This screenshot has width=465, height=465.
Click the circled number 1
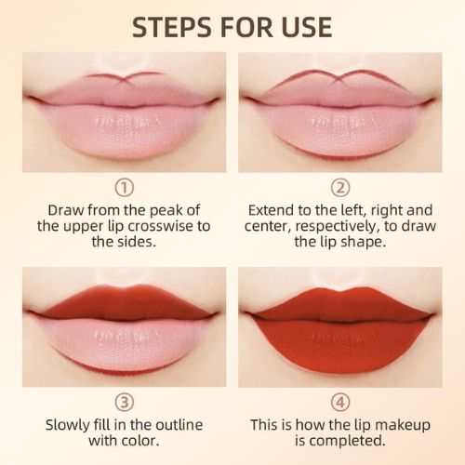pos(124,187)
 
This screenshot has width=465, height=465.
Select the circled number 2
pos(339,187)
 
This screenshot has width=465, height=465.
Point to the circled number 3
pos(124,403)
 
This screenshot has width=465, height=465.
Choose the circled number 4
pos(339,403)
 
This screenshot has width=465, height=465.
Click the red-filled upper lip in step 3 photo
pos(124,302)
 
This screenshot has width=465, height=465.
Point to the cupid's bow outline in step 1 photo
pos(124,76)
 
